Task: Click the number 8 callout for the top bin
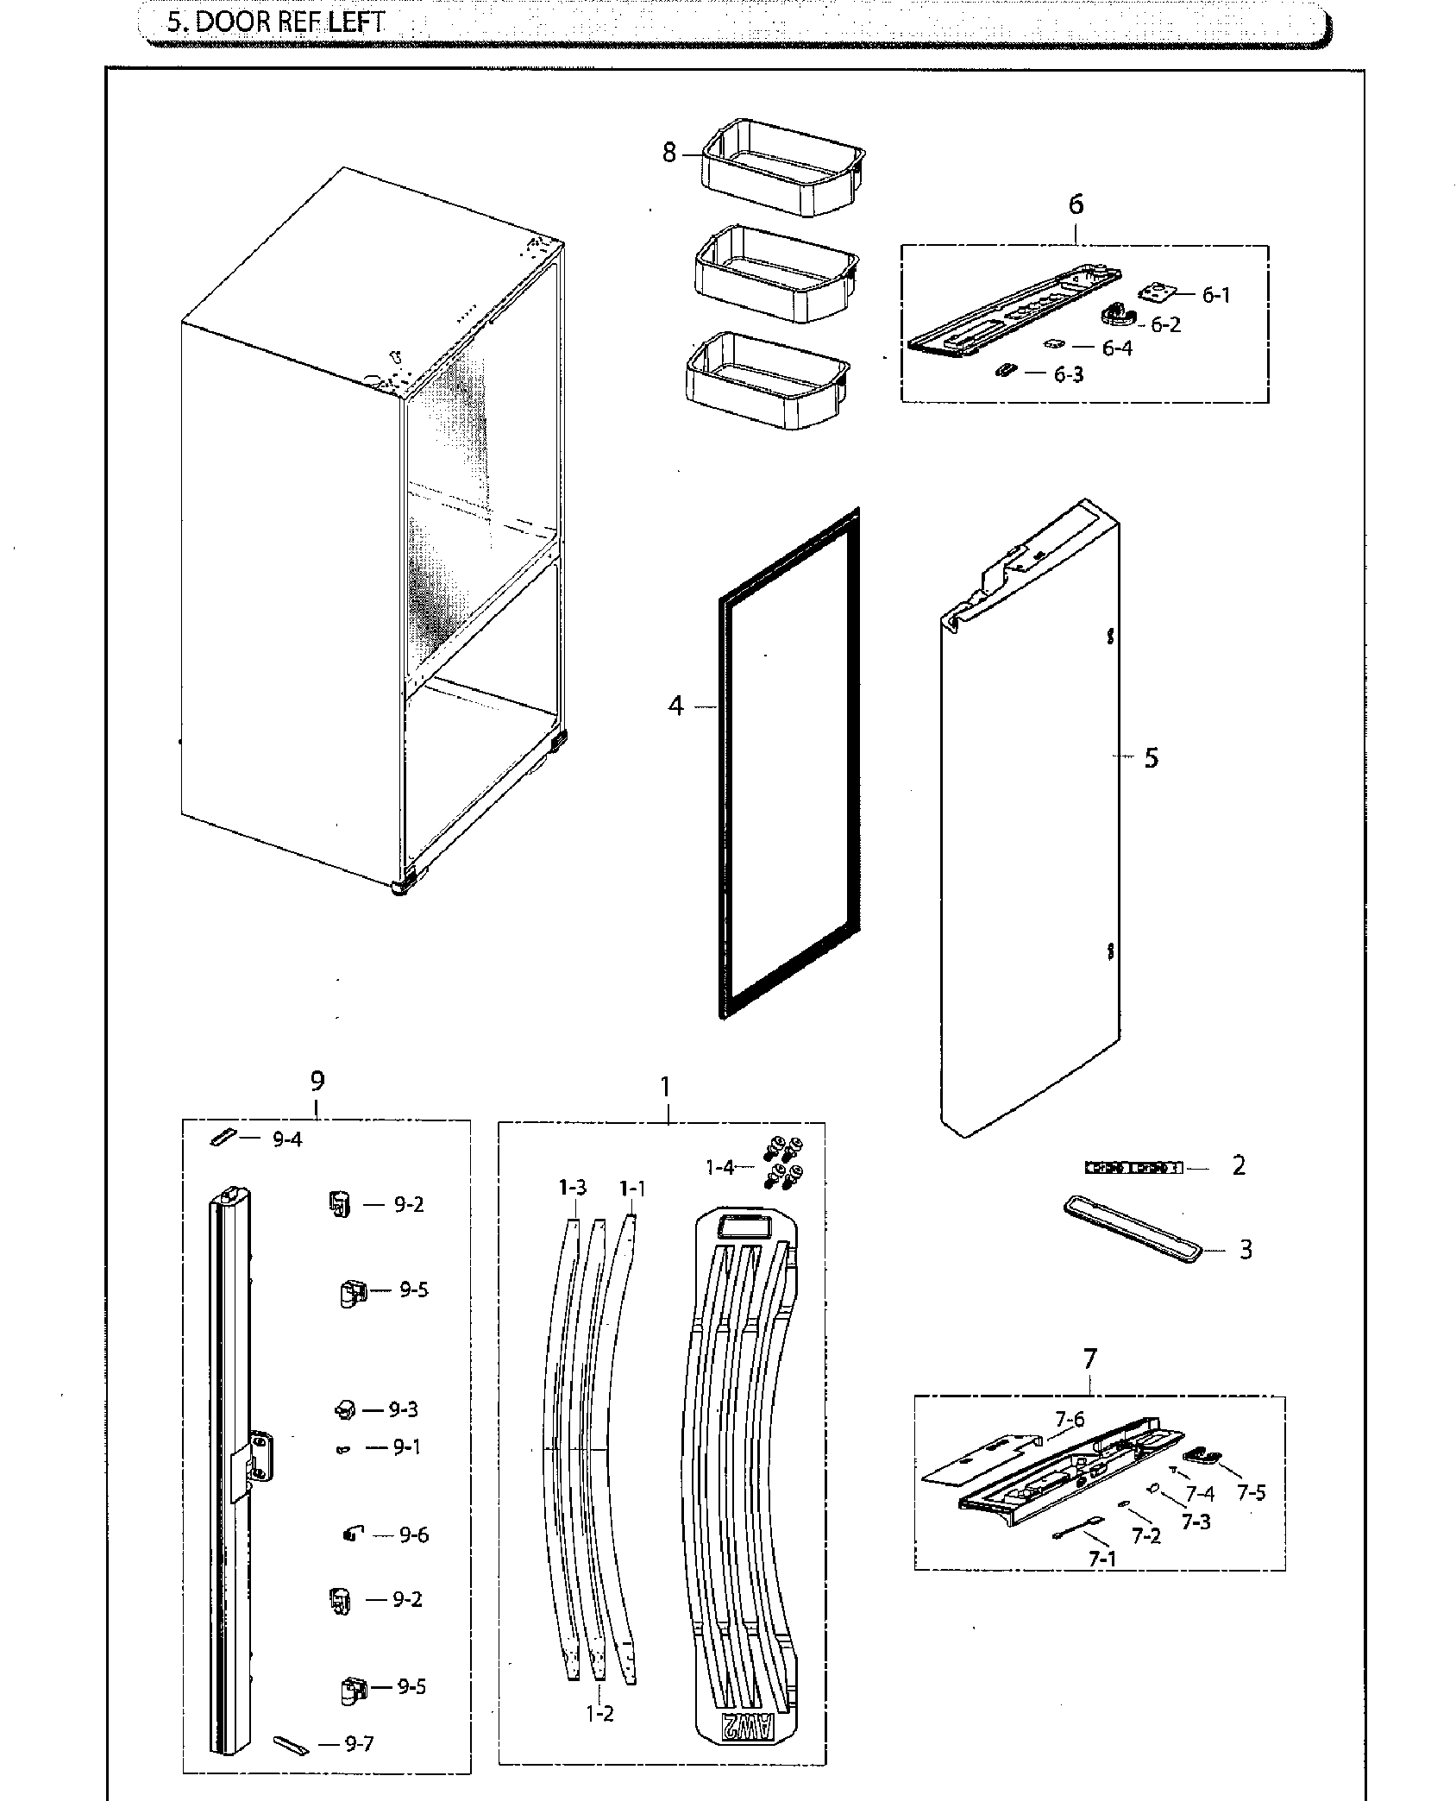[x=669, y=154]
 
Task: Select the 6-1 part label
[x=1216, y=295]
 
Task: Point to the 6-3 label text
[x=1068, y=375]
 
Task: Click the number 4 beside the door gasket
[x=675, y=706]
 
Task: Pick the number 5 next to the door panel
[x=1152, y=758]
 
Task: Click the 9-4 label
[x=287, y=1139]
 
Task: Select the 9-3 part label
[x=403, y=1409]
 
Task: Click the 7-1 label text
[x=1101, y=1559]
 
